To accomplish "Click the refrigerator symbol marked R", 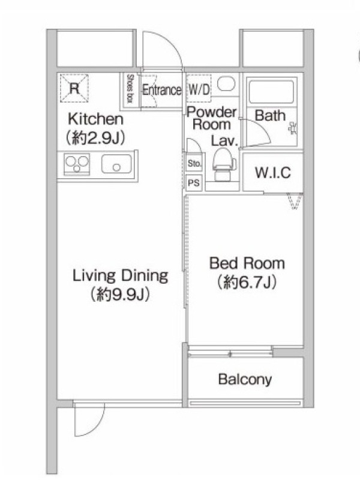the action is pos(74,88).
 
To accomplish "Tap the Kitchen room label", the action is pos(95,119).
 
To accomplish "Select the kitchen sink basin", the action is pos(116,164).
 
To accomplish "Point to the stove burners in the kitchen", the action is pos(77,164).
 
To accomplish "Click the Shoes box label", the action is pos(130,88).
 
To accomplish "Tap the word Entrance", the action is pos(162,89).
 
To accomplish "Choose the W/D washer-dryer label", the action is pos(199,89).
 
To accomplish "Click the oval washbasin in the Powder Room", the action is pos(226,83).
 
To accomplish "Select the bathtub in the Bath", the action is pos(272,92).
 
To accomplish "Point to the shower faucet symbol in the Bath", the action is pos(293,128).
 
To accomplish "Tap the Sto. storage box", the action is pos(194,163).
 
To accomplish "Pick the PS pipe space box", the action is pos(194,183).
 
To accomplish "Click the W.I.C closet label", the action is pos(273,173).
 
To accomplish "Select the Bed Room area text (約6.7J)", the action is pos(247,282).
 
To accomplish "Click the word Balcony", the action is pos(245,380).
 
